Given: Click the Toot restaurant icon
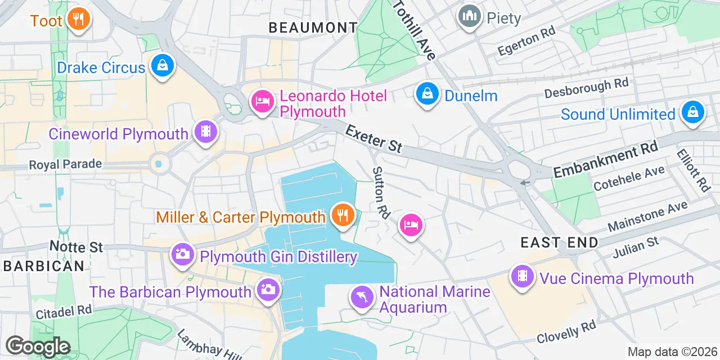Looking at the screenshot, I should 78,20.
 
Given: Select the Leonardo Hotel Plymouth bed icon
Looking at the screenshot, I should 262,101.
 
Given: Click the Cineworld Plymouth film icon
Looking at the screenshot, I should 205,132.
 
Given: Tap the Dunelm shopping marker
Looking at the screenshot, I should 427,93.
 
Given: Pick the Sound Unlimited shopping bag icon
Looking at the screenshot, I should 693,112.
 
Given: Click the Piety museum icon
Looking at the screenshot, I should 469,16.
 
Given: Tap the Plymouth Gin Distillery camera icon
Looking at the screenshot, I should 182,254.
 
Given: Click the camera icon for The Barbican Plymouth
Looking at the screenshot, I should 267,290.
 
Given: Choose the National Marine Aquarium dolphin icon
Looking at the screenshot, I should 362,296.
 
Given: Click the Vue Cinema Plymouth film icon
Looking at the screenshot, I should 523,276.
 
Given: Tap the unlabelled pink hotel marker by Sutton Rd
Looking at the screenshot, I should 411,225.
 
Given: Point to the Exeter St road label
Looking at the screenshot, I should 374,138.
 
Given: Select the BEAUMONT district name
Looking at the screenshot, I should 313,27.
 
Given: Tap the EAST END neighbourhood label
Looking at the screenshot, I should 559,242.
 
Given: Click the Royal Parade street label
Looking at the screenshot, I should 66,164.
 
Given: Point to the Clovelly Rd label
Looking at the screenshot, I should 566,332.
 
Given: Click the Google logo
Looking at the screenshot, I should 38,346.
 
